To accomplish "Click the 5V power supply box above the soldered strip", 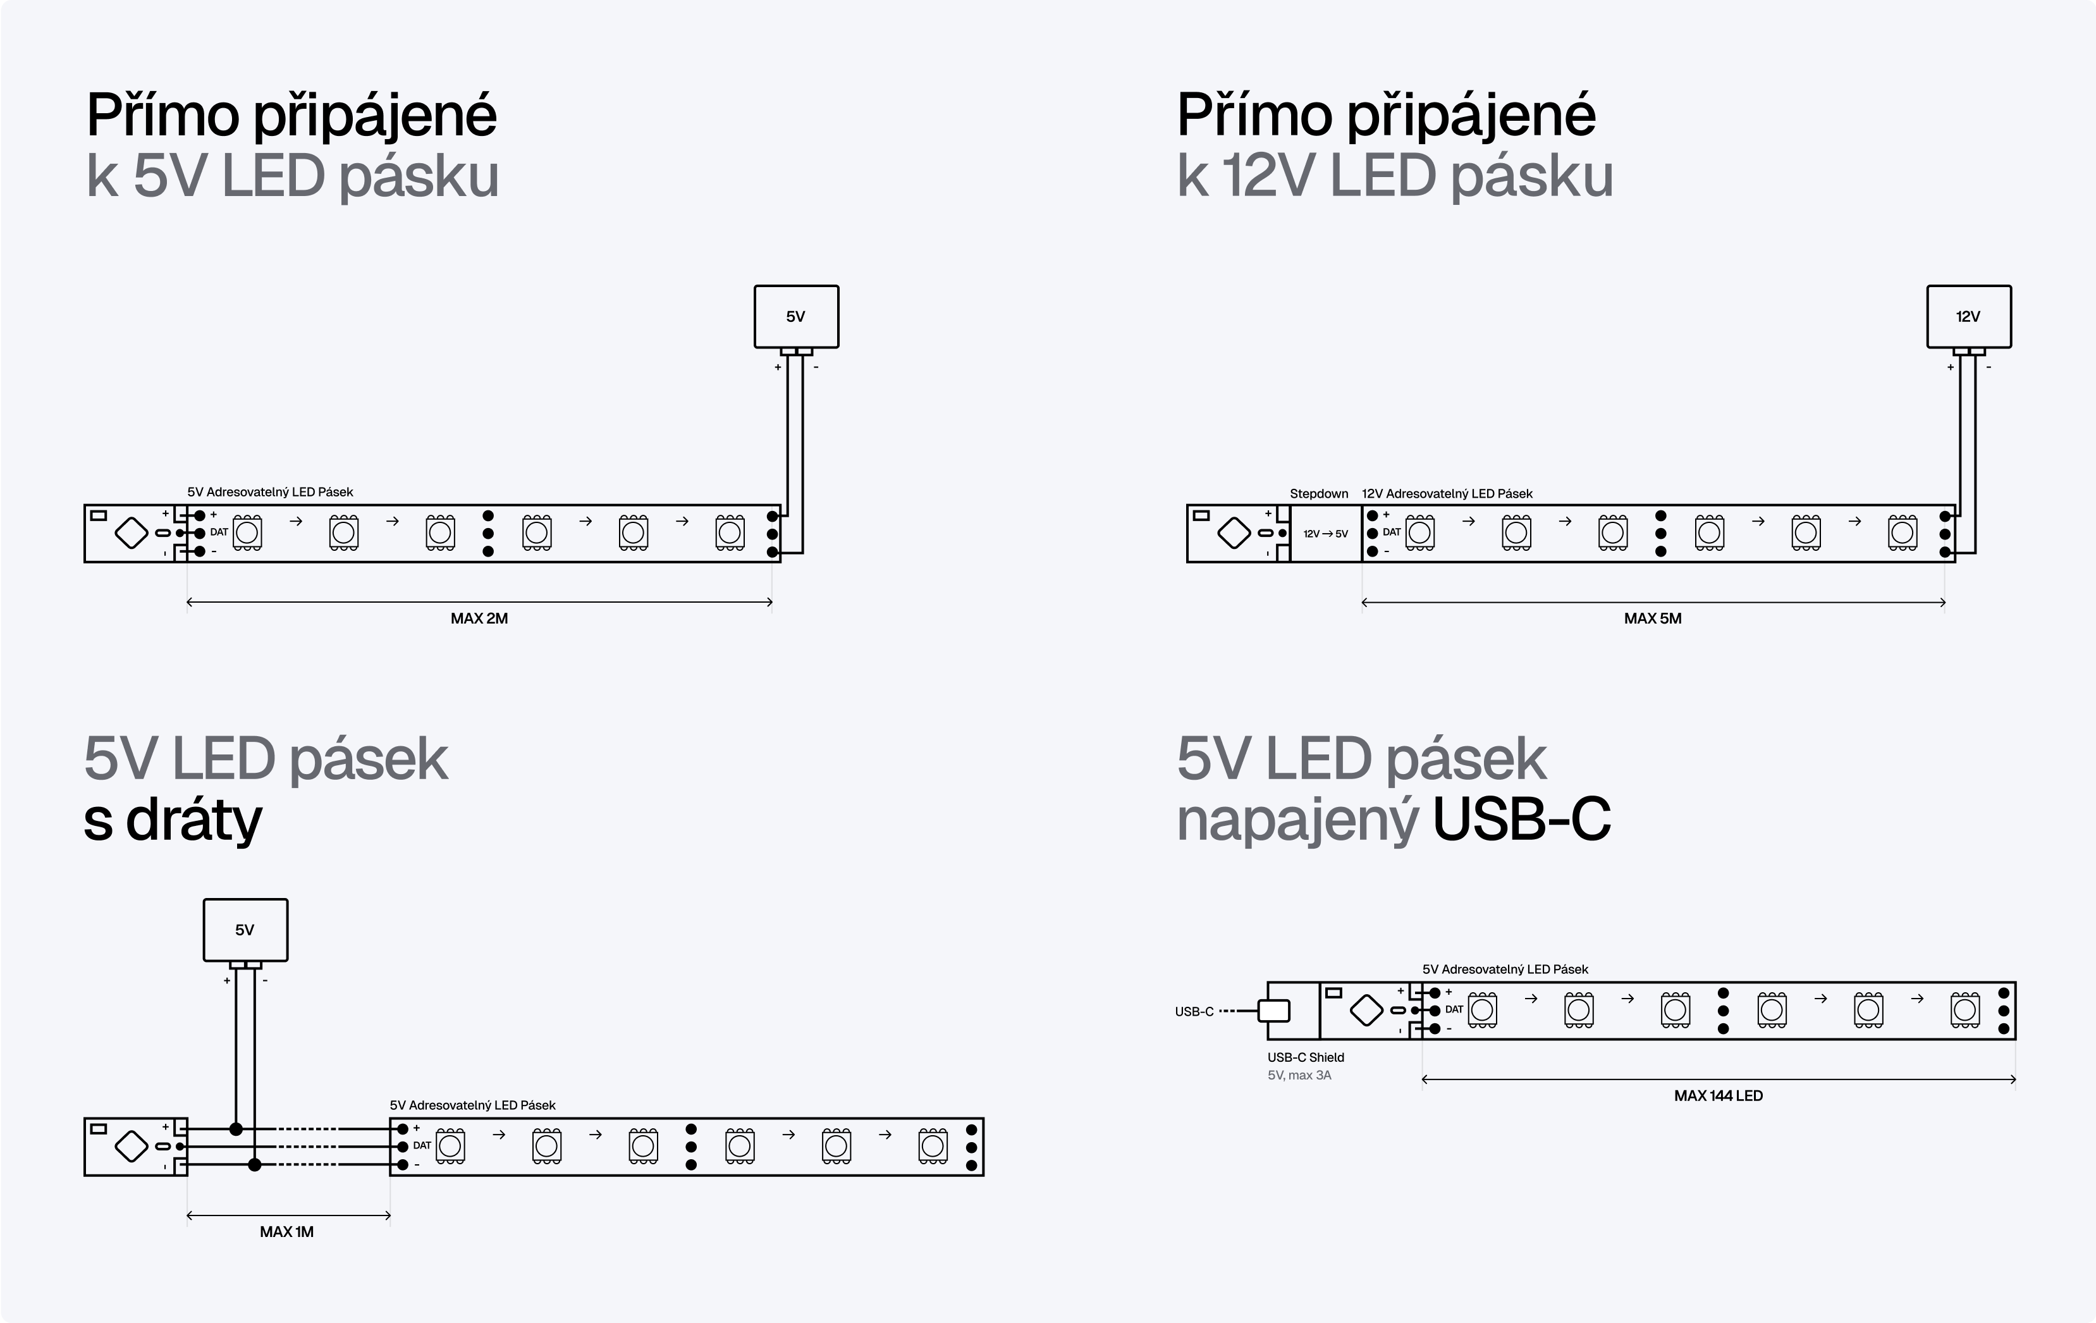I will (x=795, y=317).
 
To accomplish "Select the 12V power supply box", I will (x=1968, y=317).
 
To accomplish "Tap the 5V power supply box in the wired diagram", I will (x=245, y=930).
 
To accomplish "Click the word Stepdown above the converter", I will (x=1319, y=493).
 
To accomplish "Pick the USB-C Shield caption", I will (x=1306, y=1057).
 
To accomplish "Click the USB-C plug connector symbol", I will (x=1274, y=1011).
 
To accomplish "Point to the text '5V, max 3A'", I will (x=1299, y=1076).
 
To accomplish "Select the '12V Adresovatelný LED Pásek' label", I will (x=1447, y=493).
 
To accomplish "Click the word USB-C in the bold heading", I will (x=1521, y=820).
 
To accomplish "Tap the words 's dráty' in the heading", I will (x=173, y=820).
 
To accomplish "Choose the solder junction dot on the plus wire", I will (x=236, y=1129).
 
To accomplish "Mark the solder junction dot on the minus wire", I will (x=254, y=1165).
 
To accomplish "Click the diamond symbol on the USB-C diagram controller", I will (x=1366, y=1011).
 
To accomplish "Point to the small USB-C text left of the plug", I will (x=1193, y=1011).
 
